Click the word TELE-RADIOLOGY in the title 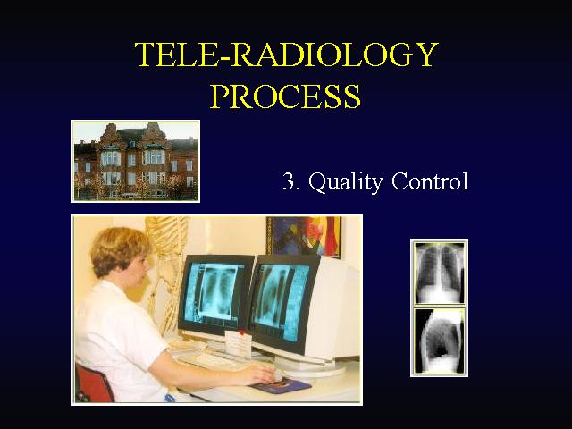pos(286,55)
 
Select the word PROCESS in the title pos(286,97)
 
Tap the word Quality pos(345,181)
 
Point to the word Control pos(430,181)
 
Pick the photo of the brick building pos(136,161)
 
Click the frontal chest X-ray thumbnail pos(439,273)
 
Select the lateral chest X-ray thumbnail pos(439,341)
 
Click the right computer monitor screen pos(282,301)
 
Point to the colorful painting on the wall pos(304,236)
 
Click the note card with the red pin pos(238,343)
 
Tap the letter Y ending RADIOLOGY pos(426,55)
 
